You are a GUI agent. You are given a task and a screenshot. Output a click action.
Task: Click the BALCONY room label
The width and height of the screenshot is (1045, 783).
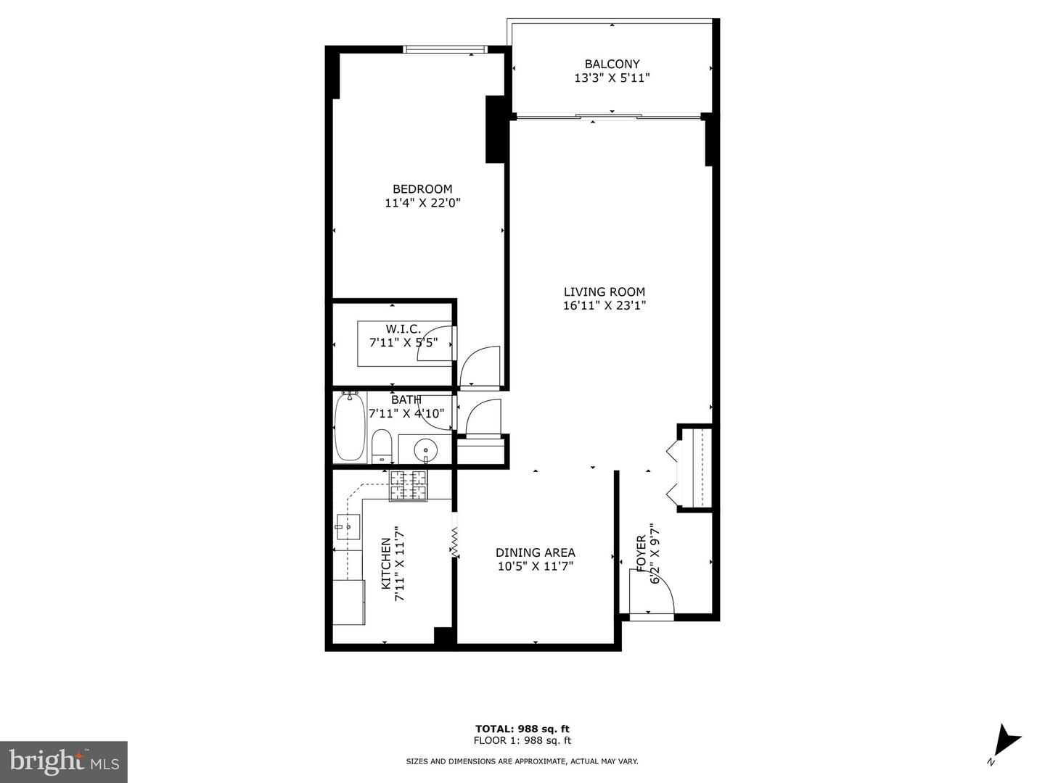tap(612, 64)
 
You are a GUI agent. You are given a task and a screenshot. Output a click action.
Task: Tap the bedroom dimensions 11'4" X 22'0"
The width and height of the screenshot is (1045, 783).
tap(422, 204)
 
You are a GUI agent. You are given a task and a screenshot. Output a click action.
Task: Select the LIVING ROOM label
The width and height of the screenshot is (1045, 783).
tap(604, 292)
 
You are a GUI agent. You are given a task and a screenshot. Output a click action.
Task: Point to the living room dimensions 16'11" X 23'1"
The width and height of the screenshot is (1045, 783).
tap(604, 306)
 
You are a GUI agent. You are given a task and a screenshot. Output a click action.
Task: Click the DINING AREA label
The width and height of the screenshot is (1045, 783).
tap(535, 552)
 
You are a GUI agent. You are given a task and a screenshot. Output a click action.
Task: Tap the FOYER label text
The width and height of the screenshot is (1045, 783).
tap(641, 553)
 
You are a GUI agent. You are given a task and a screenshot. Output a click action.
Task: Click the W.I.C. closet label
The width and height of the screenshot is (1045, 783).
tap(403, 329)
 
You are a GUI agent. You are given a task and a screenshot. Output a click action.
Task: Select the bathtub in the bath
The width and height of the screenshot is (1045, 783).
tap(350, 428)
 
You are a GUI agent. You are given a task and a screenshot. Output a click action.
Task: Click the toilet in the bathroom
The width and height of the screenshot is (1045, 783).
tap(381, 446)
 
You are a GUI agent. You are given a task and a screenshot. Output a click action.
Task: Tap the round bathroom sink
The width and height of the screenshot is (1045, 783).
tap(425, 450)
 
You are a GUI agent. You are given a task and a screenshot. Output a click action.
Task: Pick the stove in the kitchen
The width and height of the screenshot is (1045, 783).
tap(409, 485)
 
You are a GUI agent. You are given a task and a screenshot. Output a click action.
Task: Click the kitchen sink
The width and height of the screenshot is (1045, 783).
tap(348, 525)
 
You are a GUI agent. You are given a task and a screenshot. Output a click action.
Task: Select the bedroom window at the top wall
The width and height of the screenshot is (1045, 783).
tap(444, 49)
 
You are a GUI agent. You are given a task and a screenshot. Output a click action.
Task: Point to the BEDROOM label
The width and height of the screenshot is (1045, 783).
tap(422, 189)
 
